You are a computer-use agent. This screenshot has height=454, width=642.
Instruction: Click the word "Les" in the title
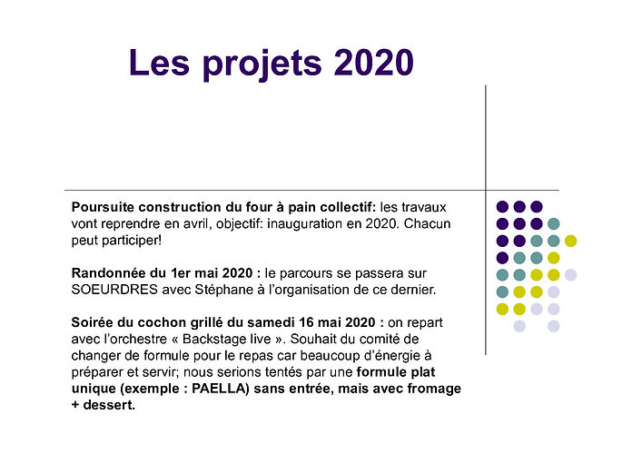coord(160,63)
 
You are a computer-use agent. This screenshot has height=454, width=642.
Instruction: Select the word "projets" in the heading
coord(262,64)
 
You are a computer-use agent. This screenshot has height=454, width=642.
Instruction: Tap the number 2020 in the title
coord(374,63)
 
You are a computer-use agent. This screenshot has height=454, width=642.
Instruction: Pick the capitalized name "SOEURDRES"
coord(114,290)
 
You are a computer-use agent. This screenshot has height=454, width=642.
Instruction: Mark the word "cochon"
coord(163,322)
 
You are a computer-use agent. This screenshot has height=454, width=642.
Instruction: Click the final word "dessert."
coord(109,405)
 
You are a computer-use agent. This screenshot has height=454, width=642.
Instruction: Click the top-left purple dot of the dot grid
coord(502,207)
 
